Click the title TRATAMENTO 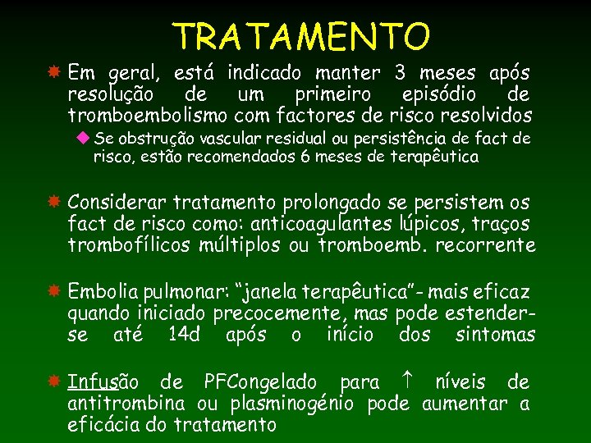point(301,36)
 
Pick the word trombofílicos point(130,244)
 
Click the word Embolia point(100,292)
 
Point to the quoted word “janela point(268,292)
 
